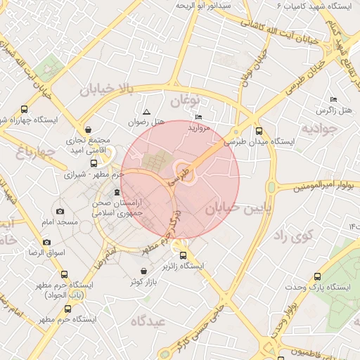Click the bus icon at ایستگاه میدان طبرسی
tap(259, 131)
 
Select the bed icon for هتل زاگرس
tap(333, 100)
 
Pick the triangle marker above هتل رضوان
tap(146, 112)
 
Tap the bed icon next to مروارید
tap(199, 117)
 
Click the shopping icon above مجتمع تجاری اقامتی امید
tap(88, 130)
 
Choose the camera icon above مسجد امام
tap(60, 212)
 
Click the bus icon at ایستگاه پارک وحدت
tap(316, 277)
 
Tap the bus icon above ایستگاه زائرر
tap(184, 256)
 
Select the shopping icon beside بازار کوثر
tap(144, 271)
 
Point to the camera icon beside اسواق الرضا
tap(47, 242)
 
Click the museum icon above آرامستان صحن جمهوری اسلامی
tap(117, 193)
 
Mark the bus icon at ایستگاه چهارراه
tap(25, 109)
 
